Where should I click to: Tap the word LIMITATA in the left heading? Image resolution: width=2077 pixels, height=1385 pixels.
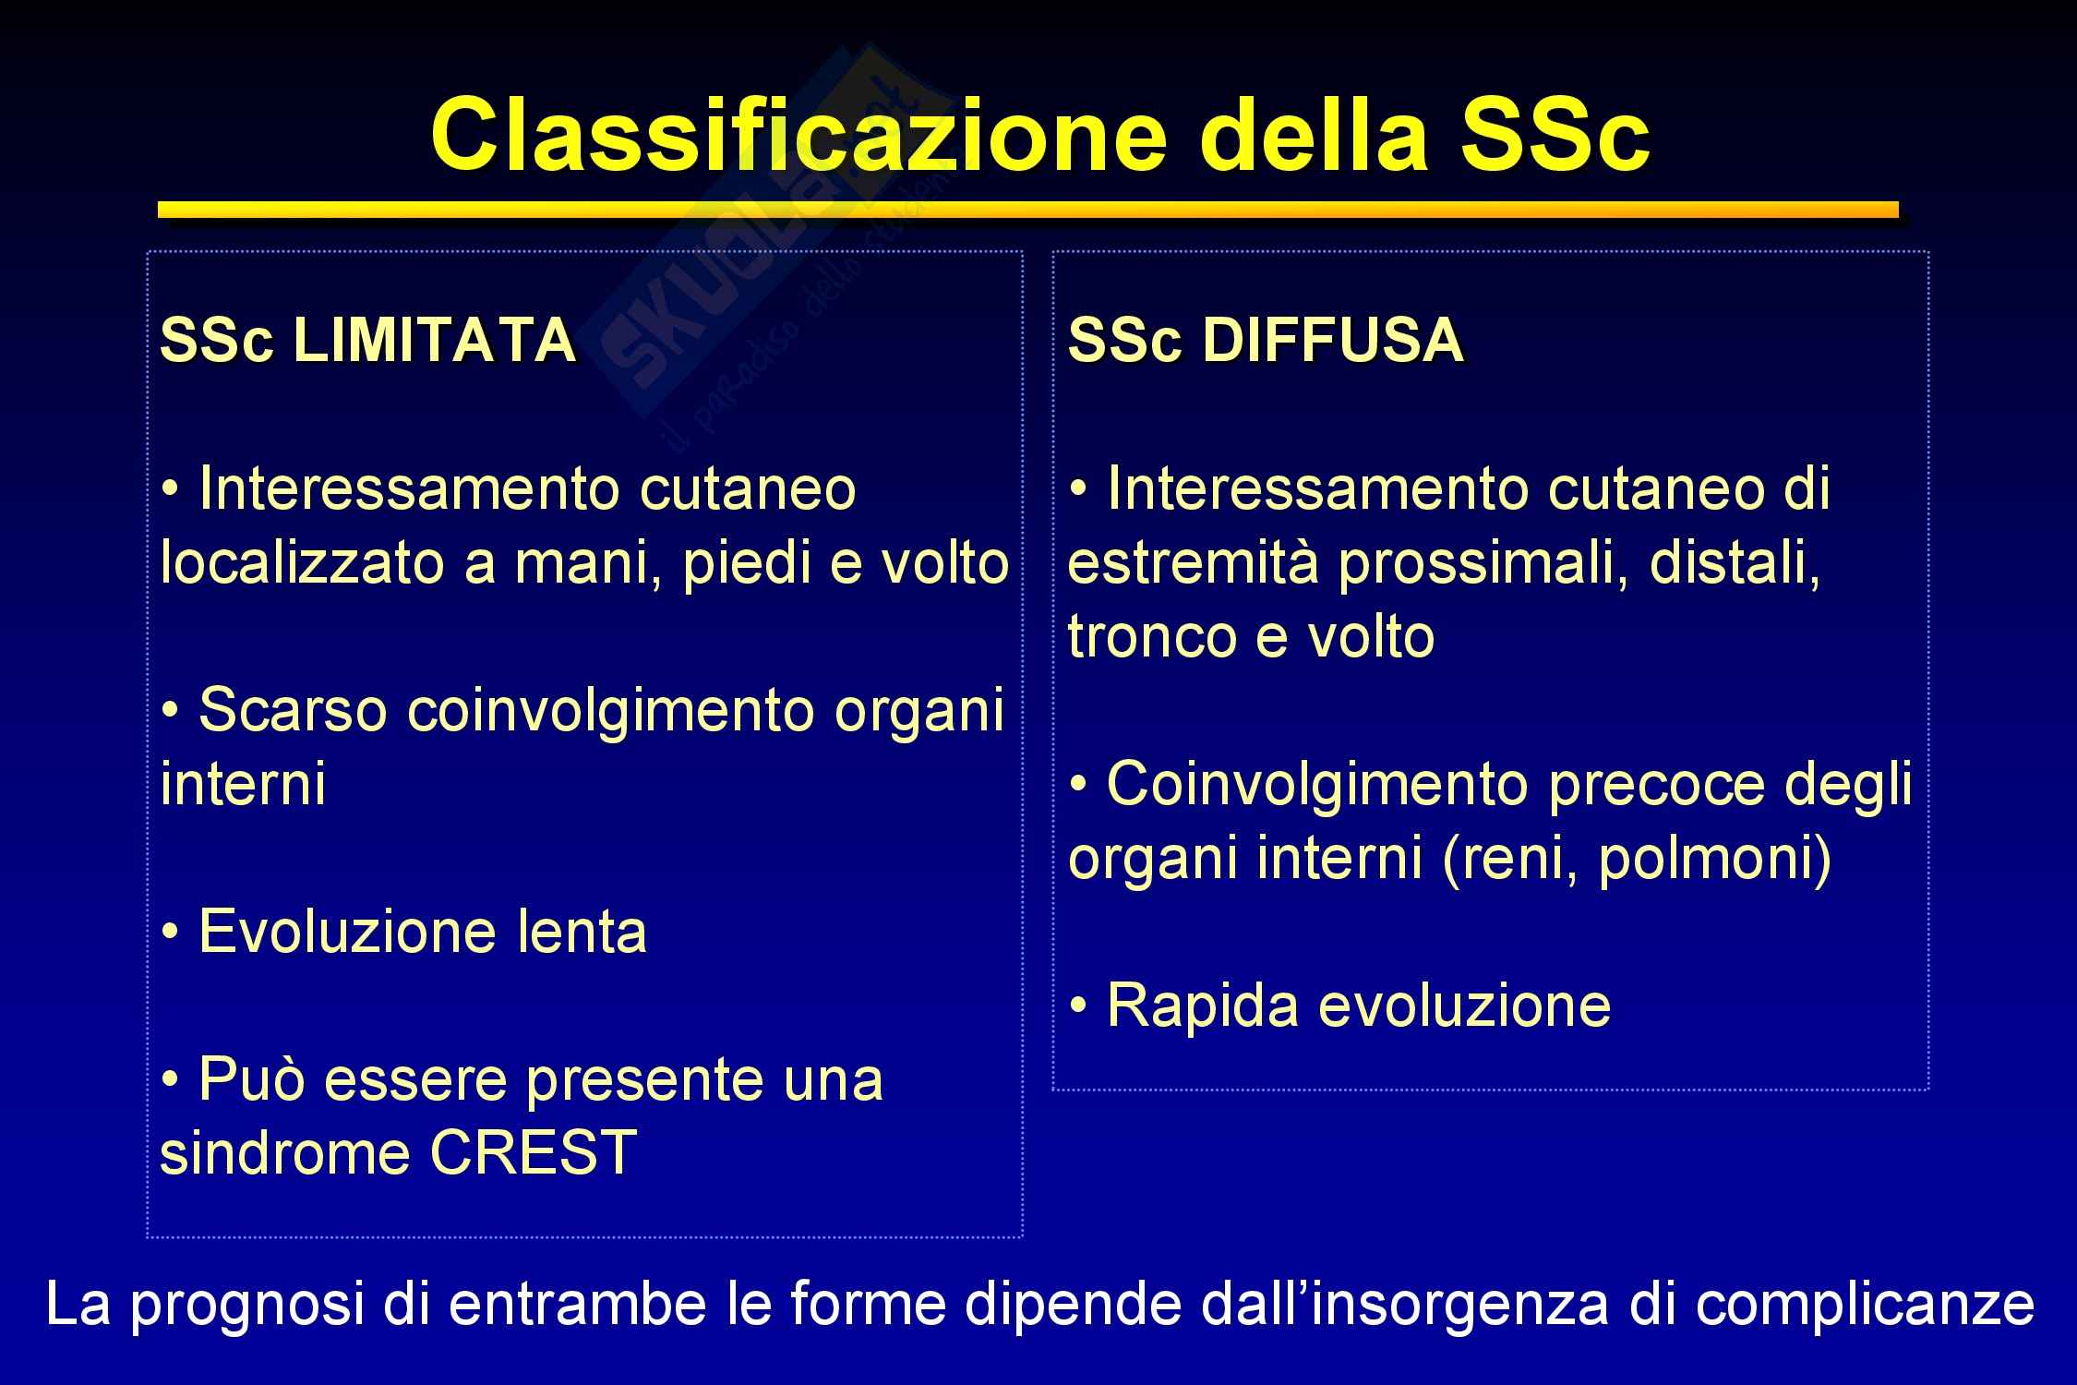click(434, 340)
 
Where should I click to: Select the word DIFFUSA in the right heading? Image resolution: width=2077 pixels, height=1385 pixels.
click(1333, 340)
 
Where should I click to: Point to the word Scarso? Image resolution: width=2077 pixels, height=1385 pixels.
click(293, 709)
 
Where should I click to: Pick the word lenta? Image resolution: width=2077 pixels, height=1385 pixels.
click(581, 931)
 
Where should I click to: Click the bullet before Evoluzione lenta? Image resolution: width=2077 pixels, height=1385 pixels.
click(171, 933)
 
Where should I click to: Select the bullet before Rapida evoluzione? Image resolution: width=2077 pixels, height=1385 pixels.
click(1078, 1006)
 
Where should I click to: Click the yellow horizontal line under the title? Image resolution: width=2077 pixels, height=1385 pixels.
click(1028, 211)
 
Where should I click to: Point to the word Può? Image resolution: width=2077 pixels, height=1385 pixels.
click(252, 1078)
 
